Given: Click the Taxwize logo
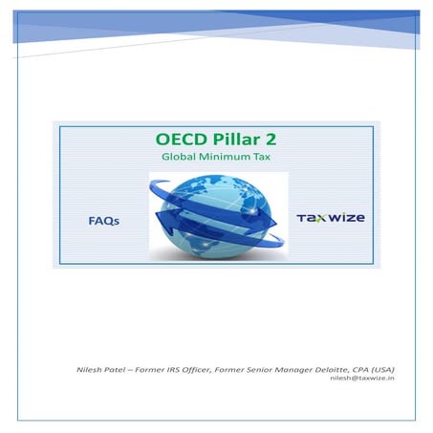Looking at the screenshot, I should [330, 218].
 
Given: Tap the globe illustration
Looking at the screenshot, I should [216, 215].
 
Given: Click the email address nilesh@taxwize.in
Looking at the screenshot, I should [369, 379].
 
